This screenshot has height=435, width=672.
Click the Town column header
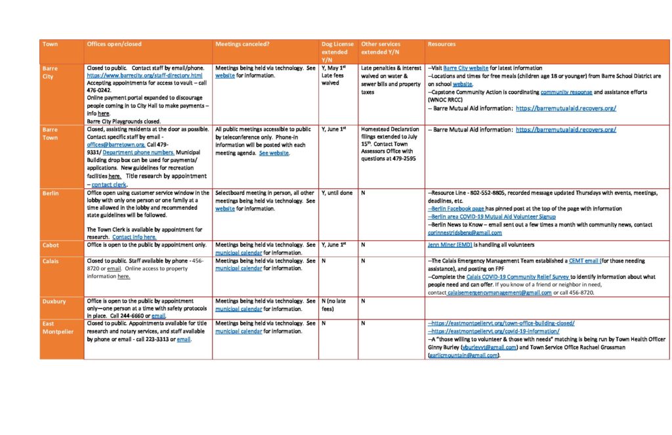click(x=50, y=44)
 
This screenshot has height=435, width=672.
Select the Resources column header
click(x=442, y=44)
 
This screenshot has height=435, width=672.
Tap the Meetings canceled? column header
click(x=241, y=44)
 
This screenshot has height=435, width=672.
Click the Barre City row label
click(x=50, y=72)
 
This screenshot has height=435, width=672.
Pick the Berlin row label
click(x=51, y=193)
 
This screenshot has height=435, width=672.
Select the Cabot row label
click(x=51, y=245)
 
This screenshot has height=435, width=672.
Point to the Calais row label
click(x=51, y=260)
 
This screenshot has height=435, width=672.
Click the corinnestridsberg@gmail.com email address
click(x=465, y=232)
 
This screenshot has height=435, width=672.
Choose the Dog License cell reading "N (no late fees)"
click(x=333, y=304)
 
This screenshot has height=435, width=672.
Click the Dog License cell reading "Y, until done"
click(x=337, y=193)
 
